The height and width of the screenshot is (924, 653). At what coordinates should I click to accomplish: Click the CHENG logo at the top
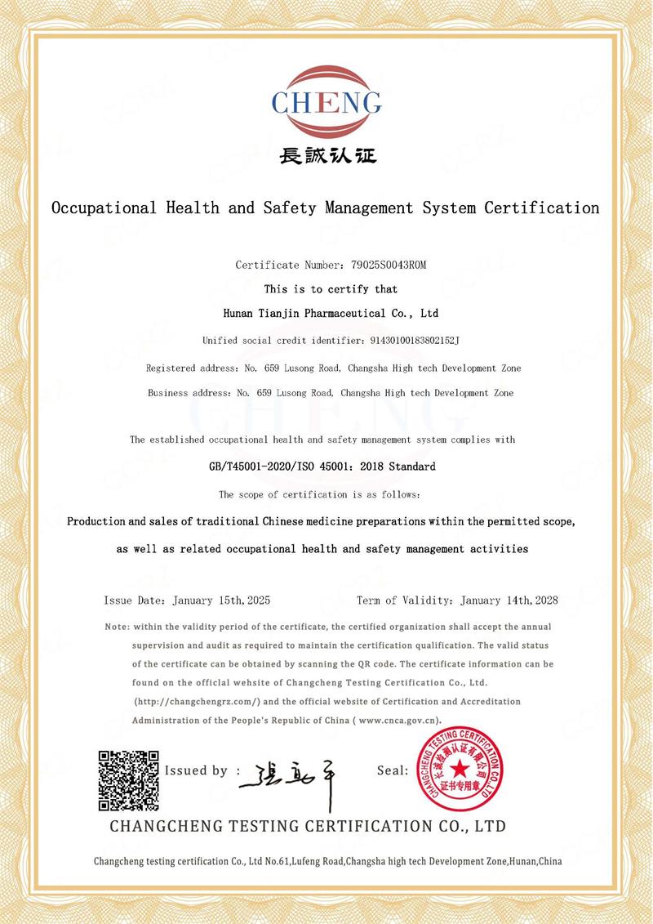coord(326,101)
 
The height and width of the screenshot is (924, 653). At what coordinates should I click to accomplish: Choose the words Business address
coord(187,393)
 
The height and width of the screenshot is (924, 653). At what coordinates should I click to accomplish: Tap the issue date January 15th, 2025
coord(222,600)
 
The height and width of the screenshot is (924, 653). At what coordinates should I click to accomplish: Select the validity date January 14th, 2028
coord(509,600)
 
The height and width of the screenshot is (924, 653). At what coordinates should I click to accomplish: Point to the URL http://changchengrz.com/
coord(197,702)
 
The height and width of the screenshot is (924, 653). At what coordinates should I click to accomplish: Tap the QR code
coord(128,779)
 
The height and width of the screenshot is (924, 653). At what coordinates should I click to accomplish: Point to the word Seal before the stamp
coord(392,770)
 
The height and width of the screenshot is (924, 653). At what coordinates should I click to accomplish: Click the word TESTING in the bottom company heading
coord(273,826)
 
